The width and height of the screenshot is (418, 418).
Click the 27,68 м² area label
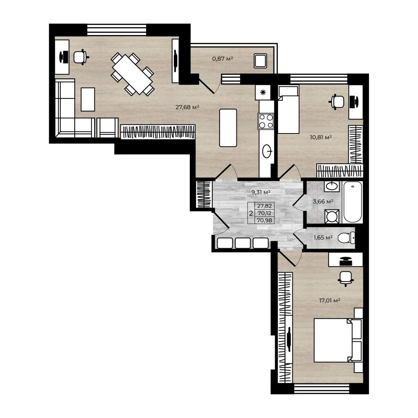pos(187,107)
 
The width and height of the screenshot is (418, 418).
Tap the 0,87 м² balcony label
pos(222,58)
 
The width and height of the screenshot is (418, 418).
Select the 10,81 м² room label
pos(321,137)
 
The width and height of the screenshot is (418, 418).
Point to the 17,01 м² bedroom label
pos(329,300)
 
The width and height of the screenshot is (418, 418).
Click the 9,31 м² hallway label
pos(261,192)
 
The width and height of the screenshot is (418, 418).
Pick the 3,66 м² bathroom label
pos(323,202)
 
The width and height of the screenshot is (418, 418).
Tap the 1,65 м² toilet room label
pos(323,237)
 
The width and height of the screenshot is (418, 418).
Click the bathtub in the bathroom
pos(353,202)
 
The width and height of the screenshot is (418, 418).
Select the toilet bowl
pos(346,238)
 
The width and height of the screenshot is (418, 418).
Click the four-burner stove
pos(266,121)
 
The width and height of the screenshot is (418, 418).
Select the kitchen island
pos(228,128)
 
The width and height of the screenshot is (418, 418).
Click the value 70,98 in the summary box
pos(264,220)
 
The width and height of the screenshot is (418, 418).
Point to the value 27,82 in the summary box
pos(264,206)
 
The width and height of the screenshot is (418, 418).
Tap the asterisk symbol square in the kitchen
pos(263,93)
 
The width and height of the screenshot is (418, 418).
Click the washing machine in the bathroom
pos(331,216)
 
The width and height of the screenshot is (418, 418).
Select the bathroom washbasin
pos(331,186)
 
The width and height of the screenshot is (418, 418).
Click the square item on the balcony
pos(260,61)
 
